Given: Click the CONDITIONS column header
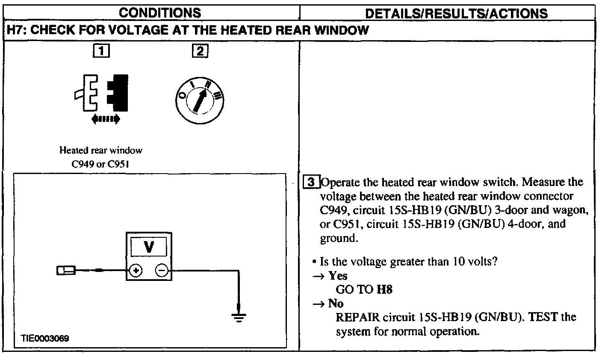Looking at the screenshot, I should pyautogui.click(x=160, y=13).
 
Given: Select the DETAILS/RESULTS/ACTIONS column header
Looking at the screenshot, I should pyautogui.click(x=456, y=13).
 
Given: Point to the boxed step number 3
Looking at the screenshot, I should pyautogui.click(x=311, y=183).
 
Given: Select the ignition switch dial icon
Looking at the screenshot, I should pyautogui.click(x=200, y=97).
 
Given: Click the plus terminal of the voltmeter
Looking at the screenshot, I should pyautogui.click(x=136, y=270).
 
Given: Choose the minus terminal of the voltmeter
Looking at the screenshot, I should pyautogui.click(x=162, y=270).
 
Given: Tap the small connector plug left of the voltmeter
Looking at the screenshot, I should pyautogui.click(x=66, y=270).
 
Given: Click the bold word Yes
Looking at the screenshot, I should pyautogui.click(x=338, y=276).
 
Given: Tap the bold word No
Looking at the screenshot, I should pyautogui.click(x=336, y=304).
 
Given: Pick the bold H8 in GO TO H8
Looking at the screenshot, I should pyautogui.click(x=384, y=289).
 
